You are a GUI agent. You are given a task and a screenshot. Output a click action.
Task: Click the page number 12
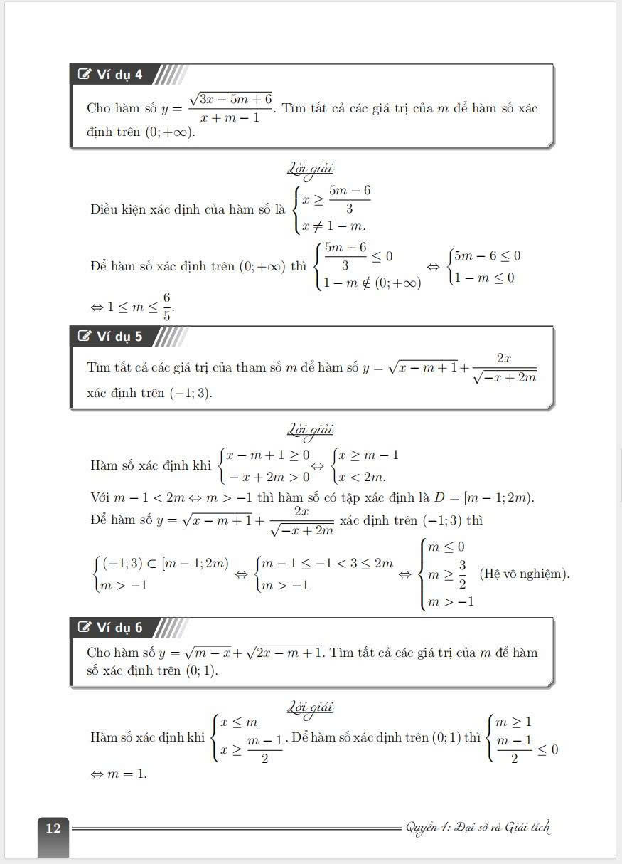click(53, 828)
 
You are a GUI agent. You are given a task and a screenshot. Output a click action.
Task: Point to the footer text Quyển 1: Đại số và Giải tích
click(477, 827)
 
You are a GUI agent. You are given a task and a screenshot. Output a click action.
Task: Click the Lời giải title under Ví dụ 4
click(310, 169)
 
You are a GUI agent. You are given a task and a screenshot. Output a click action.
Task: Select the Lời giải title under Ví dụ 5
click(310, 430)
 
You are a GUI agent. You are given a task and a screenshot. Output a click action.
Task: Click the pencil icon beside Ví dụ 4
click(85, 75)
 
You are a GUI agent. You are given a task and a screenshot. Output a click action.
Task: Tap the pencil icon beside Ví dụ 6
click(85, 627)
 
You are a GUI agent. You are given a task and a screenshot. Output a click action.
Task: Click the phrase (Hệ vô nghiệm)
click(525, 573)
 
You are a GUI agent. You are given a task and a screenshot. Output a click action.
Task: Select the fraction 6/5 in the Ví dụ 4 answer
click(166, 307)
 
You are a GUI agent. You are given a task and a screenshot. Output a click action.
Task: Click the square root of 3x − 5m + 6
click(231, 100)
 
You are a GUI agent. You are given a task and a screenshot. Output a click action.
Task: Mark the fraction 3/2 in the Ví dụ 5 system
click(461, 573)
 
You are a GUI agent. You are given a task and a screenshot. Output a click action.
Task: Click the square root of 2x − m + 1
click(284, 652)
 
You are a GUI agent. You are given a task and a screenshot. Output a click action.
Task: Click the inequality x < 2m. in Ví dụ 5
click(367, 476)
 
